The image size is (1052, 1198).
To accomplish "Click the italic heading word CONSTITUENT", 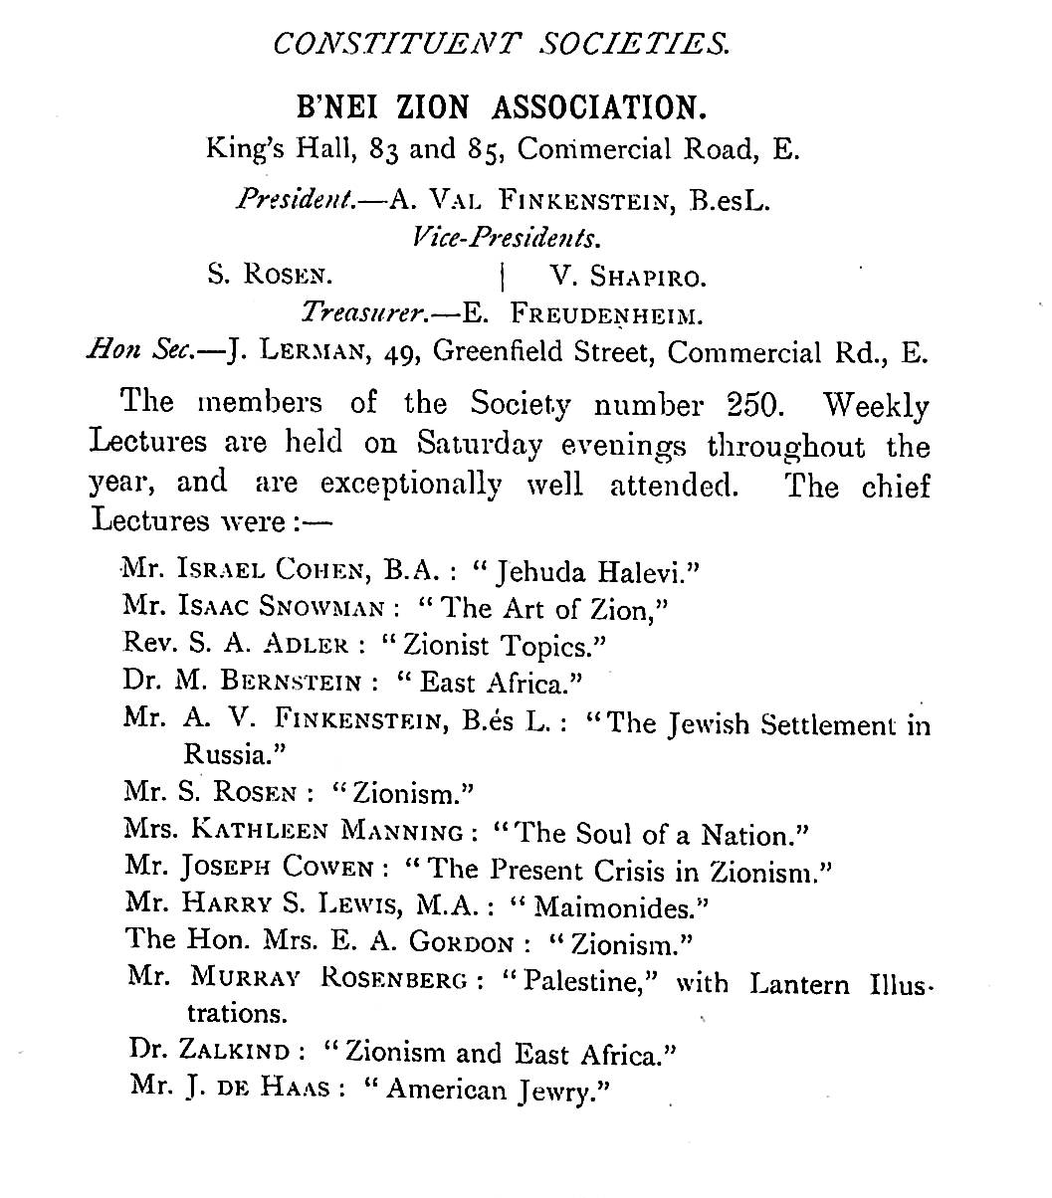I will (x=397, y=44).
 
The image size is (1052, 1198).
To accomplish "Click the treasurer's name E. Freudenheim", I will (x=583, y=314).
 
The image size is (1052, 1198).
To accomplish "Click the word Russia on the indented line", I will (x=236, y=753).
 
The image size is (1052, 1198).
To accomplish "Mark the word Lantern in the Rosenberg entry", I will (x=799, y=984).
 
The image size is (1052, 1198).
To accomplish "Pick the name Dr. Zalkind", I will (x=210, y=1052).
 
